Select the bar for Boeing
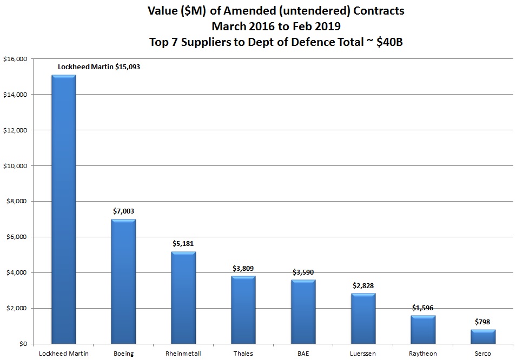point(123,281)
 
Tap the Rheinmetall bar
point(183,297)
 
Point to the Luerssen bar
point(363,318)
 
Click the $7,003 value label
point(123,212)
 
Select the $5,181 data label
point(183,244)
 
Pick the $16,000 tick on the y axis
point(16,59)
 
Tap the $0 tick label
point(24,344)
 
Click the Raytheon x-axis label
point(424,354)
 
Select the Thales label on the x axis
point(243,354)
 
